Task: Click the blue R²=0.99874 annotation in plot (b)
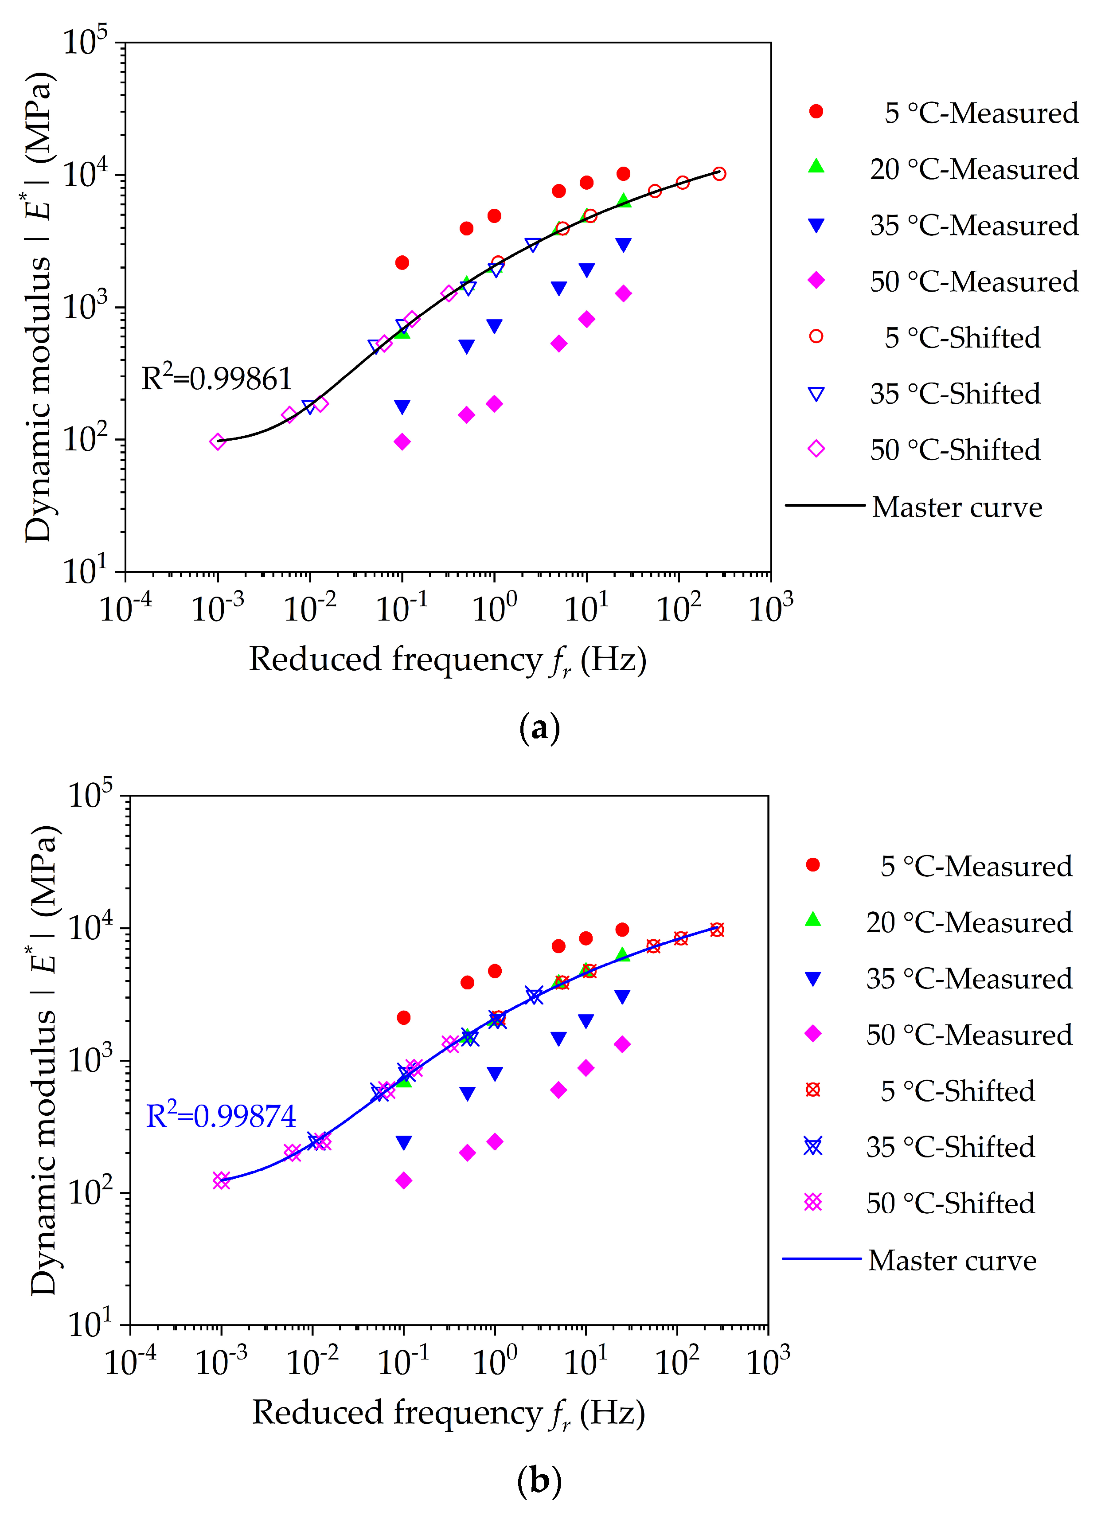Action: (221, 1116)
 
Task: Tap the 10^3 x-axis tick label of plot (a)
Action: (771, 608)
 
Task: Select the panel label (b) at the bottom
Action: (539, 1481)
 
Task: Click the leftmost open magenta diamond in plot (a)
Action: (217, 441)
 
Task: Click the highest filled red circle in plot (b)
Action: (622, 930)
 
